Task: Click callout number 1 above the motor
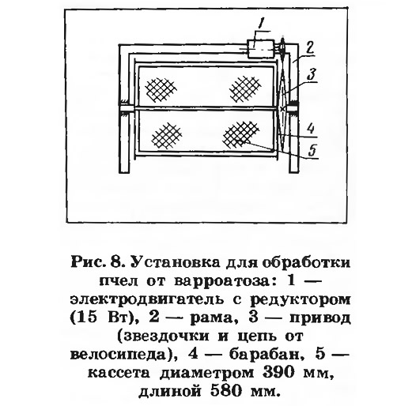pos(260,24)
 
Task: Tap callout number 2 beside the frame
pos(310,48)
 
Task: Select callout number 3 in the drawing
pos(312,75)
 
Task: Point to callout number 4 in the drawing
pos(311,129)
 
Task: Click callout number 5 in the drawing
pos(312,150)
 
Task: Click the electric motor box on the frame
pos(261,49)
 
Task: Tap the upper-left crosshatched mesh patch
pos(161,89)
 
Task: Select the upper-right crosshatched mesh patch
pos(245,88)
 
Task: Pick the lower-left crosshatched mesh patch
pos(167,137)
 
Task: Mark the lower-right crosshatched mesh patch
pos(240,135)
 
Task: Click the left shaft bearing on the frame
pos(124,108)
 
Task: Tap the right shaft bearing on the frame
pos(293,108)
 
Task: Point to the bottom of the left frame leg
pos(124,172)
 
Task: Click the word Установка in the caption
pos(176,262)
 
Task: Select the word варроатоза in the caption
pos(223,281)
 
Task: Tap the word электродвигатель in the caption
pos(149,299)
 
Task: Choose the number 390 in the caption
pos(278,373)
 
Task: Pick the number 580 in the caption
pos(226,392)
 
